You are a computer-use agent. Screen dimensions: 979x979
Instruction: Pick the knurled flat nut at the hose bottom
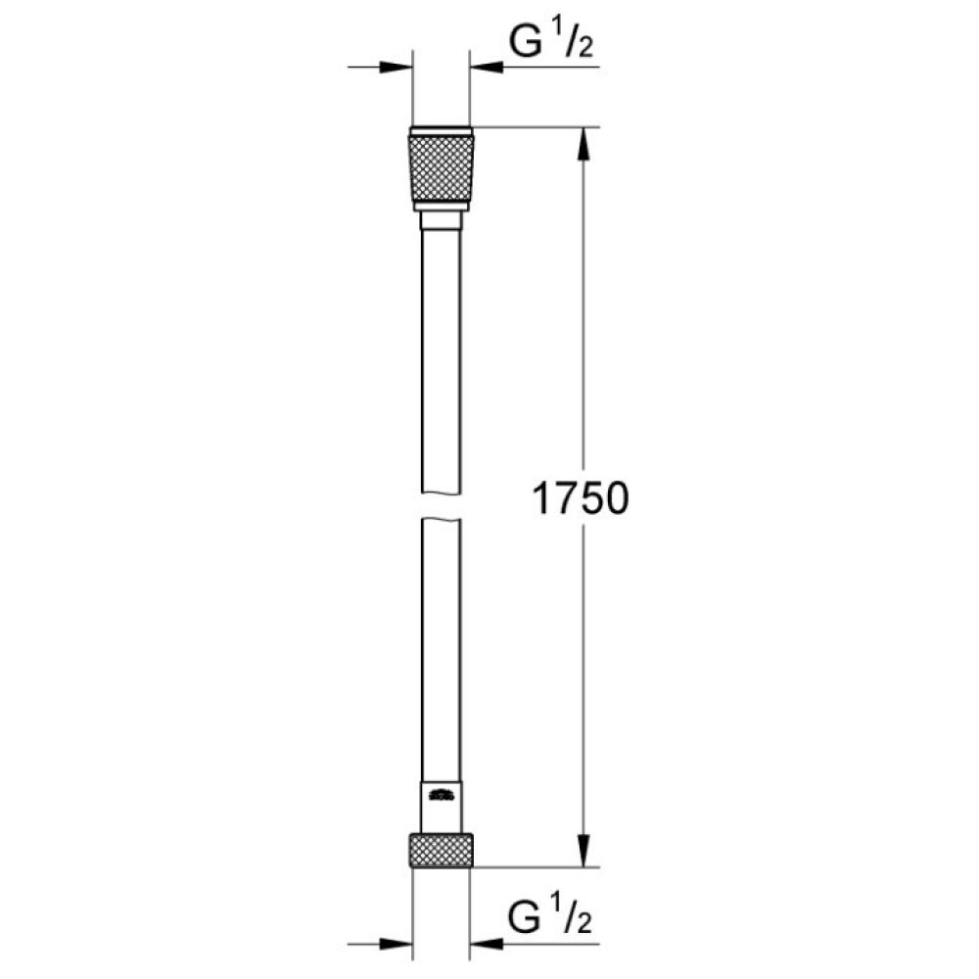(x=442, y=850)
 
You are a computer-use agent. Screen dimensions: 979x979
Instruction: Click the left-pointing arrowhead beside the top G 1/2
(x=487, y=68)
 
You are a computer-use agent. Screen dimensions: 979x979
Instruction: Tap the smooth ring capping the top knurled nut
(x=442, y=130)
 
